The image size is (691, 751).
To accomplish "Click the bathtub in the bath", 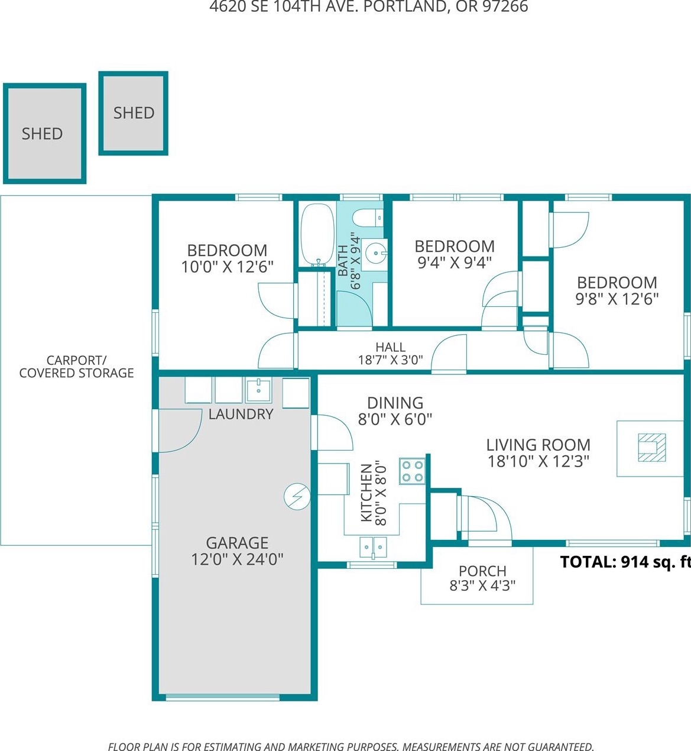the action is [x=317, y=234].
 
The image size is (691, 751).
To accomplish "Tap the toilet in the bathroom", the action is [x=368, y=218].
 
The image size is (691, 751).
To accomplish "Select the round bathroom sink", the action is [x=375, y=254].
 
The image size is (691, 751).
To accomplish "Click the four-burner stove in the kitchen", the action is [x=412, y=471].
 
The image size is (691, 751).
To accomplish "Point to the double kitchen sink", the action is [x=373, y=548].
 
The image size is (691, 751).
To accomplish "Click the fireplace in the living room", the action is [x=652, y=448].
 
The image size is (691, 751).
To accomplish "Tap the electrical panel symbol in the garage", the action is [x=297, y=497].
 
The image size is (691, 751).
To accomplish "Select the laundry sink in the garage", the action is [x=258, y=389].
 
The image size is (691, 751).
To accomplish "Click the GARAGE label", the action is [x=237, y=542].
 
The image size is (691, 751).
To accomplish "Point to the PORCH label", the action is [x=482, y=571].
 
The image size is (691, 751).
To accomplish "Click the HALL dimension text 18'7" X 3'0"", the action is [x=390, y=360].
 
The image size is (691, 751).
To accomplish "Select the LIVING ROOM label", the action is [x=538, y=445].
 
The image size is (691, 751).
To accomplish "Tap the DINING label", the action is [x=395, y=403].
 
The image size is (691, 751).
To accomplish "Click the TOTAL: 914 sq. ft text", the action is [x=625, y=562].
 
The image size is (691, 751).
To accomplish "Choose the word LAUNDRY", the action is [x=241, y=414].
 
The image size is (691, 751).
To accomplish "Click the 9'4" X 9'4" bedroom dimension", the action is [x=455, y=263].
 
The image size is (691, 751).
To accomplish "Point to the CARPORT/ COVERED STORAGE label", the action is [x=76, y=367].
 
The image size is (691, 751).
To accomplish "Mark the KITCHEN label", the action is [x=366, y=493].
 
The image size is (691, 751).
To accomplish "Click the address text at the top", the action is [x=369, y=7].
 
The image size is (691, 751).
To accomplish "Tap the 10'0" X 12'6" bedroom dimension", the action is [x=227, y=267].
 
